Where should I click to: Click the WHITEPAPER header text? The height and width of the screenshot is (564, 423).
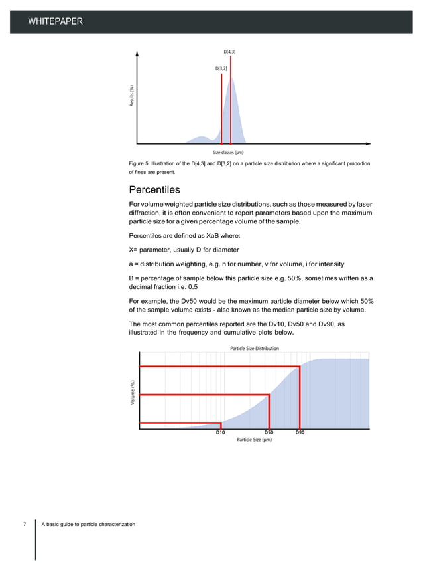(55, 23)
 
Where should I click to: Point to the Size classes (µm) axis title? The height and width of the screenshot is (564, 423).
(230, 152)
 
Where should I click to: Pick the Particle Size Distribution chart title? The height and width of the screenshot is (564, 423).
(254, 348)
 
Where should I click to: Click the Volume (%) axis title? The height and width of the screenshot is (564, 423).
(133, 393)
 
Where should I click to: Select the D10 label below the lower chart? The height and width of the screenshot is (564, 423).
(221, 432)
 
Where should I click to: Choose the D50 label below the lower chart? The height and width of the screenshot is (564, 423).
(269, 432)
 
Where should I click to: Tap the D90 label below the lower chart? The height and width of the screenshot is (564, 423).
(300, 432)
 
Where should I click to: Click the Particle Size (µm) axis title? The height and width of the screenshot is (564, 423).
(254, 440)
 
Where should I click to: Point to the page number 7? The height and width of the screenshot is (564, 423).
(26, 525)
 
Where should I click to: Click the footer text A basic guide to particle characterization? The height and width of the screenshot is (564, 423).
(88, 525)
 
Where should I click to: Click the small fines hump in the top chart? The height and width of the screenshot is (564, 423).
(200, 138)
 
